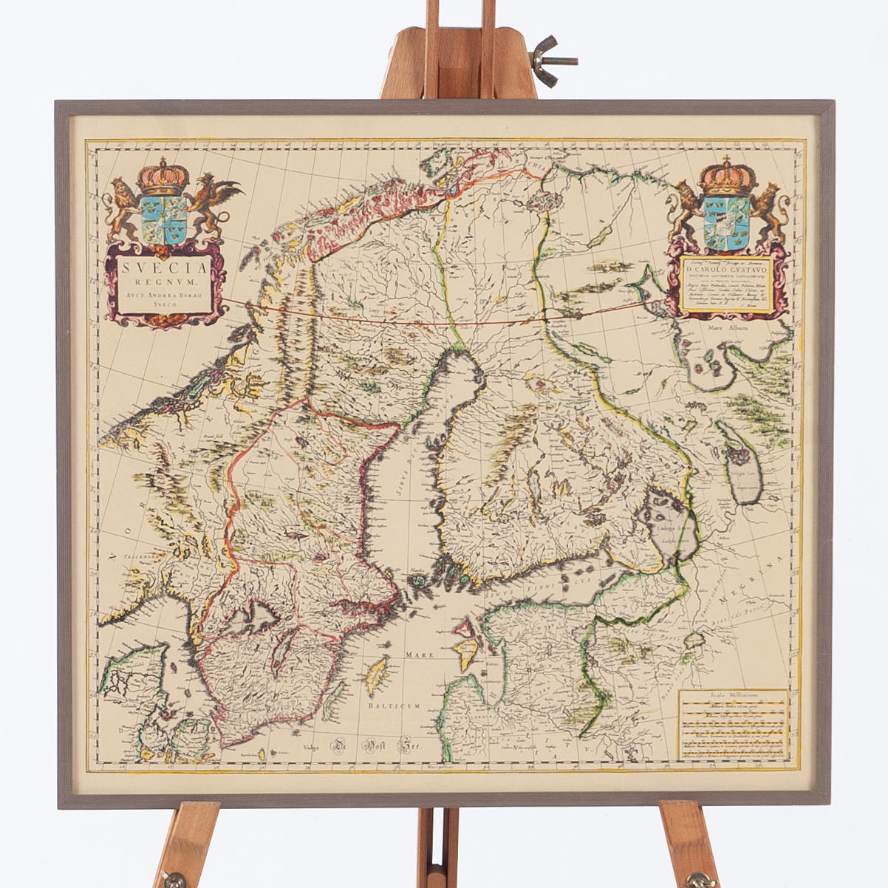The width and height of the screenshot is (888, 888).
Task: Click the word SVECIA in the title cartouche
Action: (x=165, y=266)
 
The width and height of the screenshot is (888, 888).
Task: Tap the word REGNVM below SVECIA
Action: (x=165, y=281)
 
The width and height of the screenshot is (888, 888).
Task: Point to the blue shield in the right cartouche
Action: (x=727, y=222)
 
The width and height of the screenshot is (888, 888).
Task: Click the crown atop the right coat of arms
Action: (x=727, y=177)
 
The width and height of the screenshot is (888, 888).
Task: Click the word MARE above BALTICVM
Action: (x=417, y=655)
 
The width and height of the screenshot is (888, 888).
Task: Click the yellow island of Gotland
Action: (x=378, y=674)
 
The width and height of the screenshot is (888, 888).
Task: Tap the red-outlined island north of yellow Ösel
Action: (x=464, y=630)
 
